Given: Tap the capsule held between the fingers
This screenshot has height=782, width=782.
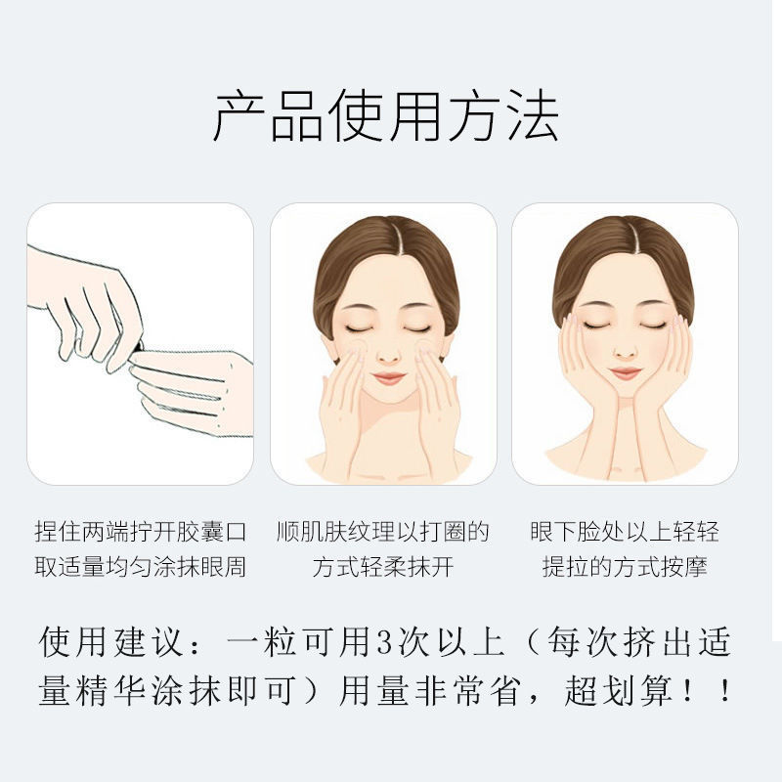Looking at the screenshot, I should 138,344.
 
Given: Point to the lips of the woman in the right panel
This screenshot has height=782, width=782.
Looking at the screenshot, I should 625,373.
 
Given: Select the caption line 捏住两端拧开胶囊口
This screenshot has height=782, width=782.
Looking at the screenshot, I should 141,533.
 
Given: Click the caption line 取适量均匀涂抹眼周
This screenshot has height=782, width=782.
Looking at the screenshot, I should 141,567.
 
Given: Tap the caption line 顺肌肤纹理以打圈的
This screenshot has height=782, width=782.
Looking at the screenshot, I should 383,533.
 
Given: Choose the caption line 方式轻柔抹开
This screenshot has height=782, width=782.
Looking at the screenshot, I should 383,567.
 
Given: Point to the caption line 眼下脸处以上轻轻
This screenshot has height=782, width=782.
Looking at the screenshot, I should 625,533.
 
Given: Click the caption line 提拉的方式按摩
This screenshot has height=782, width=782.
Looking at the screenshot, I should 625,567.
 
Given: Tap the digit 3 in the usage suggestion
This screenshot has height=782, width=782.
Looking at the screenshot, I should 382,643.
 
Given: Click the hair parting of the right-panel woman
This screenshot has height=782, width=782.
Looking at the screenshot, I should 626,235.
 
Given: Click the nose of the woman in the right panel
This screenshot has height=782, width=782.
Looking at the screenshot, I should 625,347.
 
